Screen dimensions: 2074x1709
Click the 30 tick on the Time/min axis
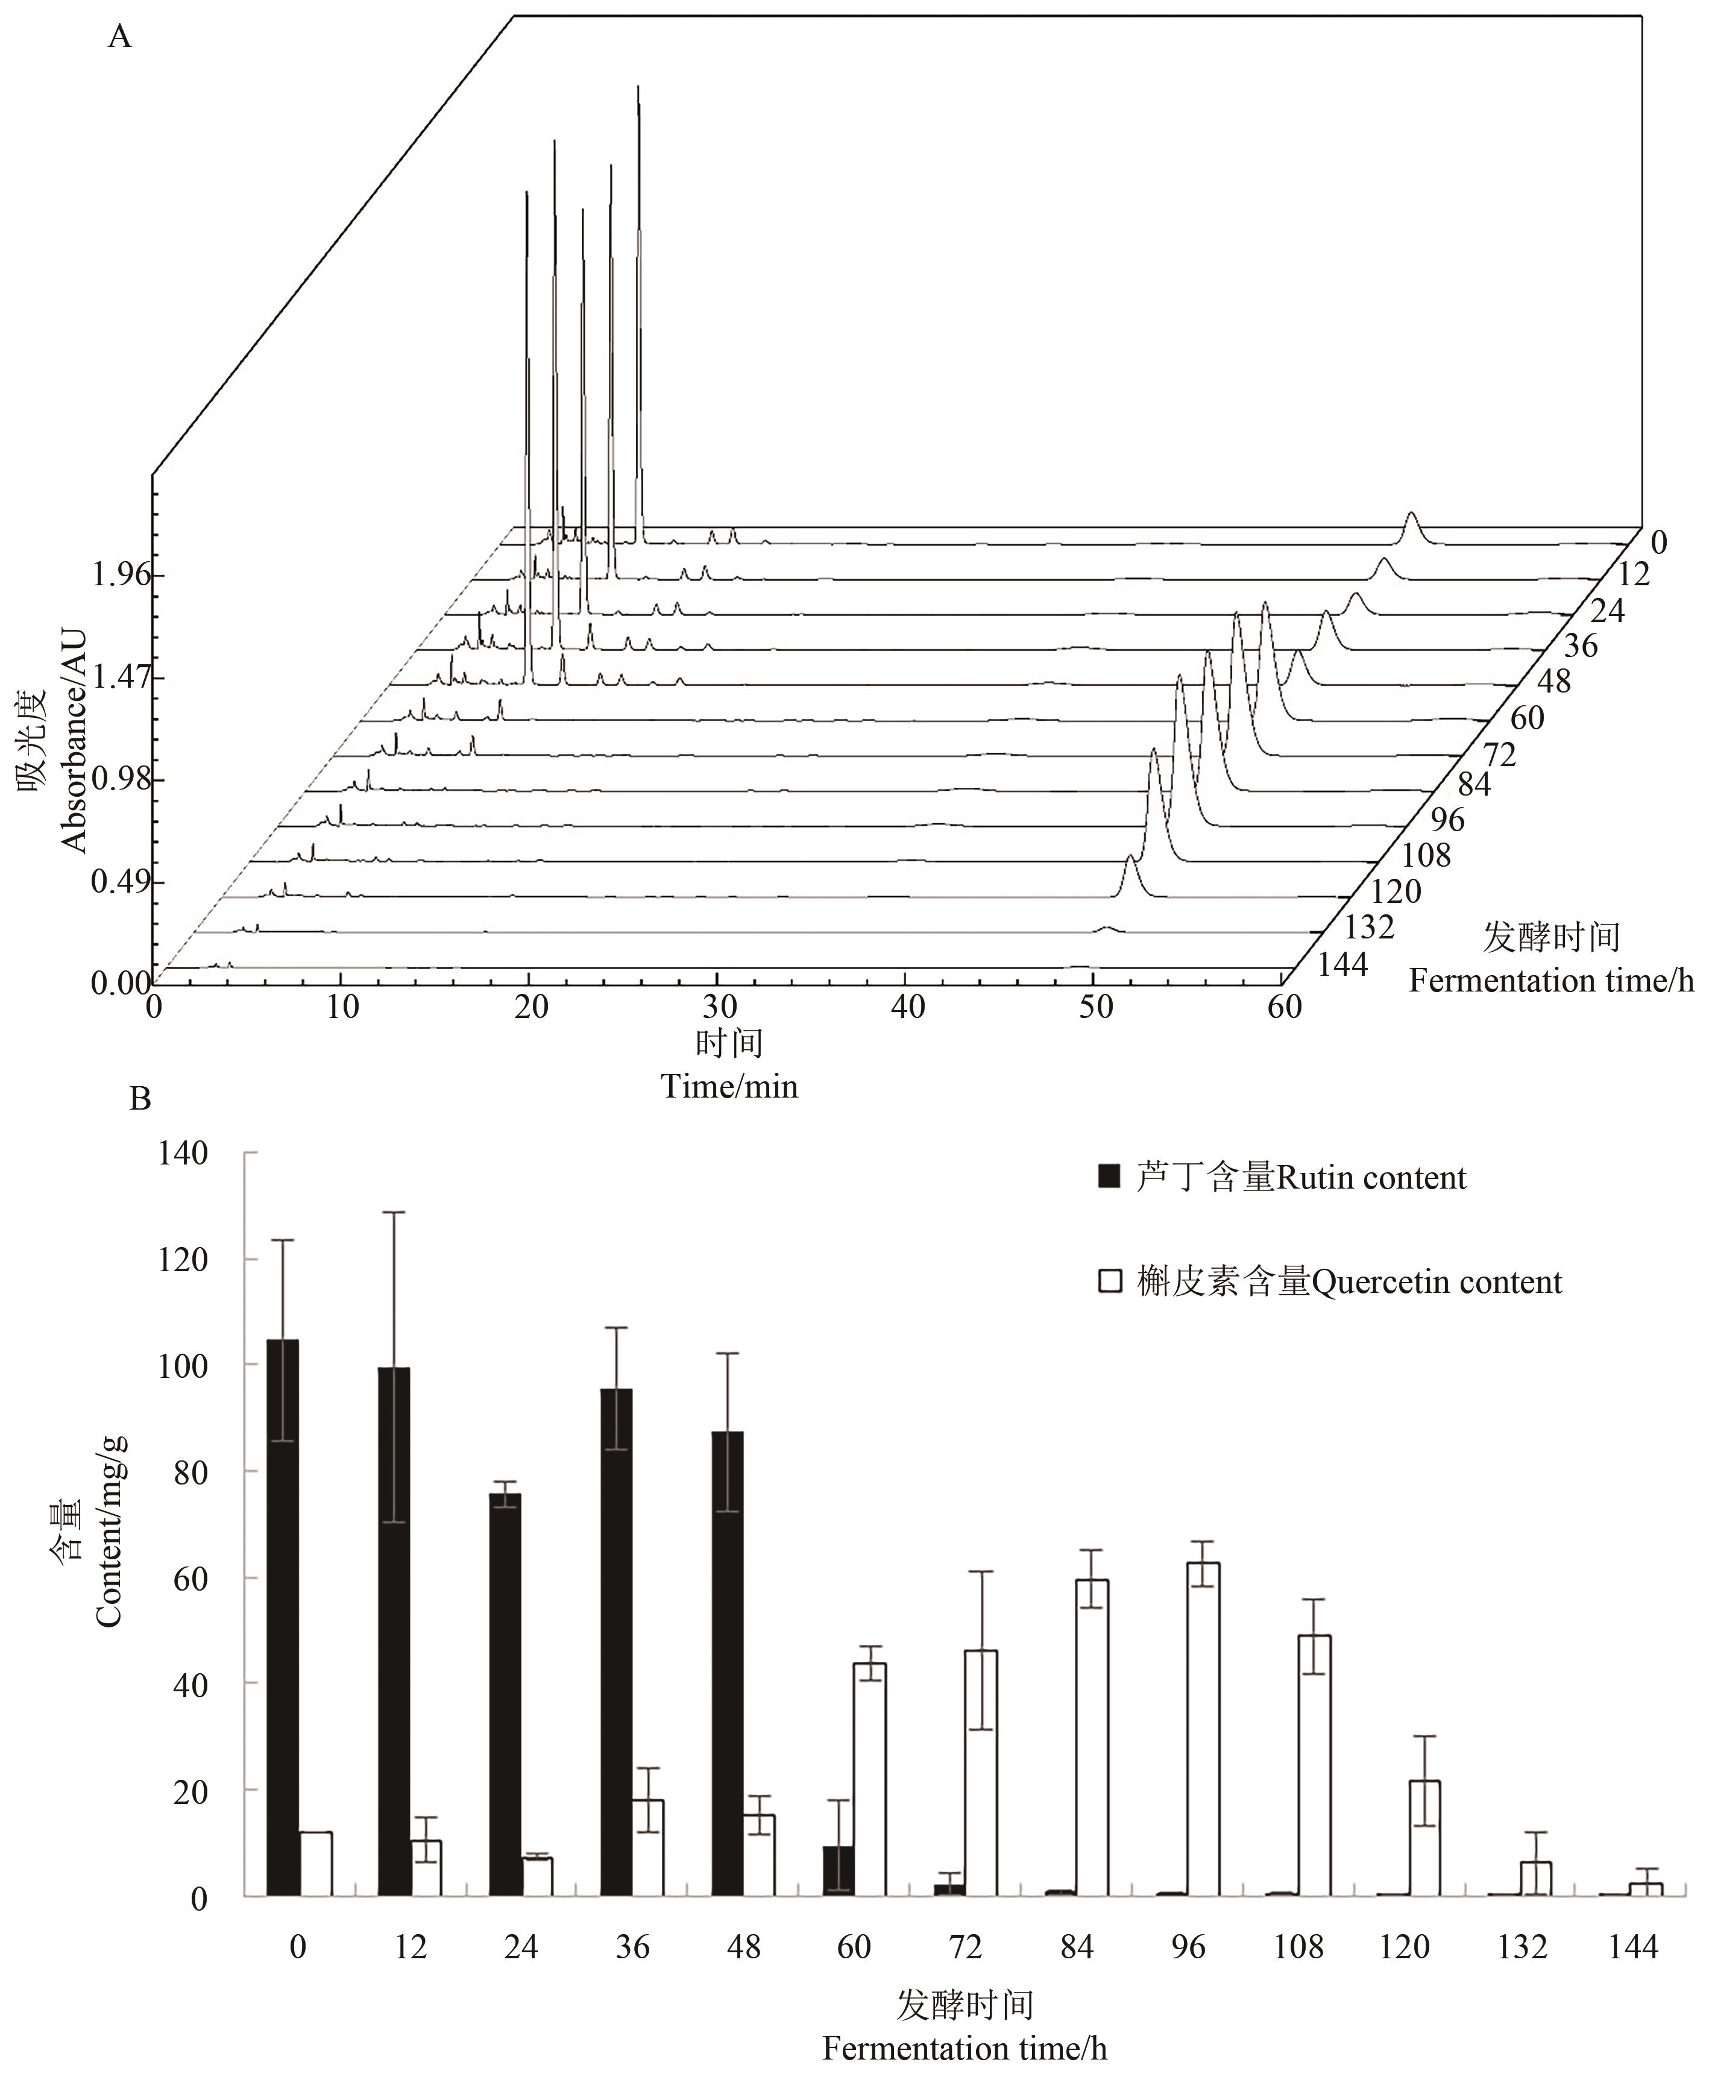tap(718, 1007)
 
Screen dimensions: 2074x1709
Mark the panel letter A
tap(120, 37)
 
